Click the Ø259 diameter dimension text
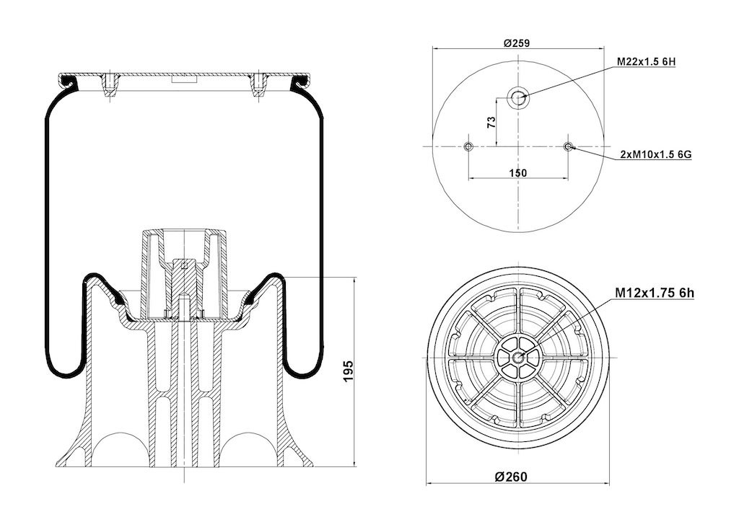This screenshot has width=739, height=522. coord(517,43)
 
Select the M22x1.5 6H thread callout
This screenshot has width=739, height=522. coord(647,62)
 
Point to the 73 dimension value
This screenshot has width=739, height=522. coord(491,123)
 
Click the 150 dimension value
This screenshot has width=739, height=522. coord(518,173)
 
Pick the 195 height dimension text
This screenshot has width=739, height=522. coord(348,371)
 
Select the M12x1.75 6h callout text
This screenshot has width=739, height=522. coord(655,293)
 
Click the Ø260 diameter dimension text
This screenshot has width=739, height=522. coord(512,477)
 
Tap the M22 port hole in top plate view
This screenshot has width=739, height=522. coord(518,98)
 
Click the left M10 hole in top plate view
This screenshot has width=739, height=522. coord(468,146)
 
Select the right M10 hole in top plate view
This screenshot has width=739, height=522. coord(568,146)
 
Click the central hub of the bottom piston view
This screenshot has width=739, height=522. coord(518,358)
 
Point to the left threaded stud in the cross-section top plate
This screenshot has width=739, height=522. coord(110,85)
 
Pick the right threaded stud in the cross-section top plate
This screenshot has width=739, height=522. coord(258,85)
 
